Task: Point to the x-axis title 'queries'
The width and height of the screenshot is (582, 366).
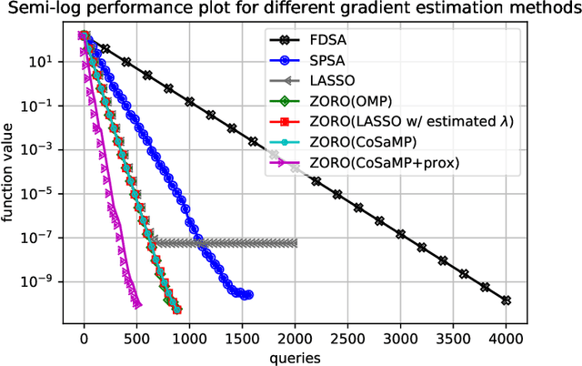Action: pyautogui.click(x=295, y=358)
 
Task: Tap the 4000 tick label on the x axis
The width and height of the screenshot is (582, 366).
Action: pyautogui.click(x=507, y=337)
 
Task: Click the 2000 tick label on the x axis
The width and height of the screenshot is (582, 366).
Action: pyautogui.click(x=296, y=337)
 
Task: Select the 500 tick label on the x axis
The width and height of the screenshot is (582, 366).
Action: pyautogui.click(x=137, y=337)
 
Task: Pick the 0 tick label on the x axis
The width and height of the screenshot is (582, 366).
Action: pyautogui.click(x=85, y=337)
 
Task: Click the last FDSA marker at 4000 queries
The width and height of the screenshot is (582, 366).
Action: pyautogui.click(x=507, y=300)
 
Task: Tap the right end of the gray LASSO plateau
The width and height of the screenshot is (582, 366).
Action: pyautogui.click(x=295, y=242)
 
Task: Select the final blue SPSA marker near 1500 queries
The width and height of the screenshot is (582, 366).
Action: pyautogui.click(x=248, y=294)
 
